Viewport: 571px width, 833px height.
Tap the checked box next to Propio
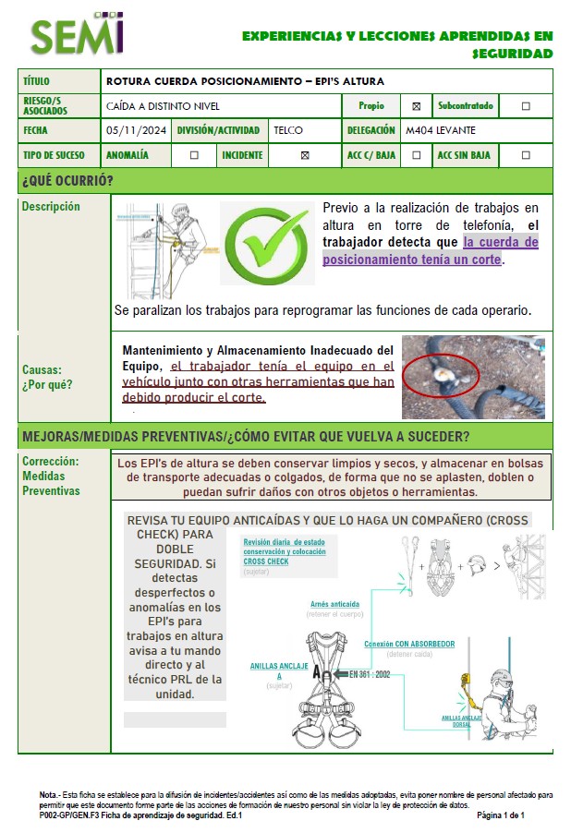pos(416,106)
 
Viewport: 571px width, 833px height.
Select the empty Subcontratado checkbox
pos(526,106)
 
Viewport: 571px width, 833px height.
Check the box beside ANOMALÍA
pos(194,155)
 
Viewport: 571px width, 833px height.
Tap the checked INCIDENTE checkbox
pos(305,155)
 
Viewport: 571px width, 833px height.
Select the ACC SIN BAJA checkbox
pos(526,155)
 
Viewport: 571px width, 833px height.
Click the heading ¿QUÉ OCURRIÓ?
pos(67,179)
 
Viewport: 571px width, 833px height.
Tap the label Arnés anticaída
pos(334,605)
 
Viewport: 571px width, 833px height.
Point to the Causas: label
pos(43,369)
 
